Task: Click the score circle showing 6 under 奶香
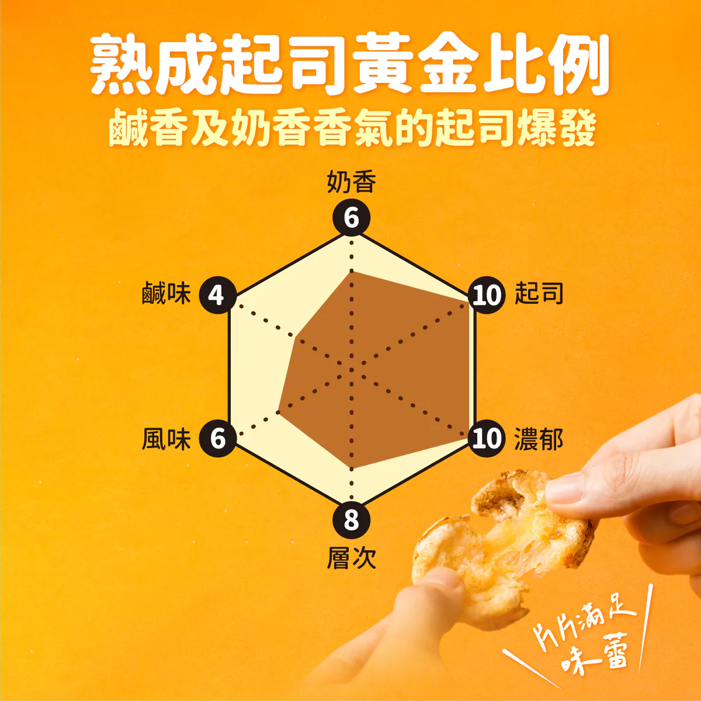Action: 352,218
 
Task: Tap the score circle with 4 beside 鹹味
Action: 217,295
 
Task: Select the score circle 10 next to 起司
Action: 487,295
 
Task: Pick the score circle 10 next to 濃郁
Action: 487,438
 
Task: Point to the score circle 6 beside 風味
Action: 217,438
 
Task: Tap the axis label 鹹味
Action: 166,293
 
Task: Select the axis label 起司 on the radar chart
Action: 539,293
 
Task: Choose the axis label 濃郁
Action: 539,439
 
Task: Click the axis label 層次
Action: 352,558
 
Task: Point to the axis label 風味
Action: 166,439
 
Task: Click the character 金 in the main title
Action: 448,65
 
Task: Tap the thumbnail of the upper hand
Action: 564,489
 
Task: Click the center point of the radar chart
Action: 352,370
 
